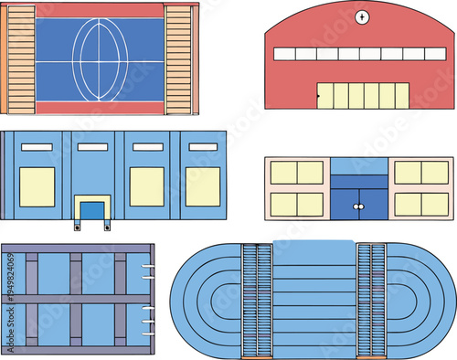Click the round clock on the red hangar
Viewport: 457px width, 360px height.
pyautogui.click(x=363, y=17)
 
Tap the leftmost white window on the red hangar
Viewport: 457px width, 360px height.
pyautogui.click(x=283, y=55)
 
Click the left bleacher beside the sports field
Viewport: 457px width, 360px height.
pyautogui.click(x=21, y=58)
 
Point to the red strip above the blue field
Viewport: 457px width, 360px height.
pyautogui.click(x=100, y=11)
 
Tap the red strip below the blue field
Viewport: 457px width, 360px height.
pyautogui.click(x=100, y=108)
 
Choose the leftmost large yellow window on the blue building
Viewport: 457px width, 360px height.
pyautogui.click(x=37, y=186)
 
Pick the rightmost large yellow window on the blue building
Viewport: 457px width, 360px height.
pyautogui.click(x=203, y=186)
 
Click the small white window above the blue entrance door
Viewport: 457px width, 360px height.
pyautogui.click(x=92, y=146)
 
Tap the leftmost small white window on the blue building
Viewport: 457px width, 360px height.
pyautogui.click(x=37, y=146)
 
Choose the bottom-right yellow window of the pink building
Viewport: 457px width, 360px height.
pyautogui.click(x=420, y=204)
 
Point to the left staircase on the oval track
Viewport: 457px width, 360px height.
pyautogui.click(x=257, y=301)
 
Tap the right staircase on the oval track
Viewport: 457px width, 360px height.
pyautogui.click(x=371, y=301)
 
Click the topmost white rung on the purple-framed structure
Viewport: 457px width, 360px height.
pyautogui.click(x=146, y=268)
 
